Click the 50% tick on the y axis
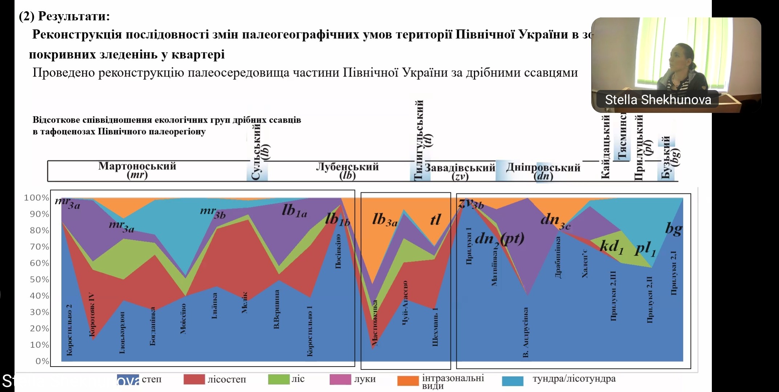tap(39, 279)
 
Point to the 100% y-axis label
tap(36, 198)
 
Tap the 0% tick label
tap(42, 361)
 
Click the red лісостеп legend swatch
tap(194, 380)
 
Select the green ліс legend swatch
tap(278, 379)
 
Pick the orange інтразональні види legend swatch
tap(408, 381)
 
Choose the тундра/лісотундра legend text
tap(574, 379)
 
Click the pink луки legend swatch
tap(340, 379)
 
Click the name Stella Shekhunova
tap(658, 100)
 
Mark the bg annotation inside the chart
tap(673, 229)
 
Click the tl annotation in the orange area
tap(435, 220)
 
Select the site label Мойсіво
tap(183, 319)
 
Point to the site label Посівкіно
tap(338, 251)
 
